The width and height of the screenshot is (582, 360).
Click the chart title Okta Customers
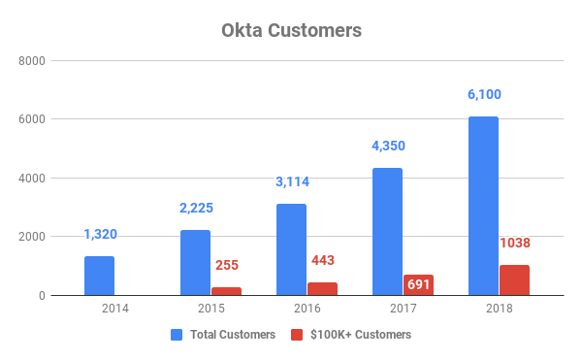(x=290, y=30)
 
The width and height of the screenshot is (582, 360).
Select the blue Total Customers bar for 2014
(x=99, y=276)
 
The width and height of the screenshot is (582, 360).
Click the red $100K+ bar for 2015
(x=226, y=291)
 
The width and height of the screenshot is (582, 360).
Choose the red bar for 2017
(x=418, y=284)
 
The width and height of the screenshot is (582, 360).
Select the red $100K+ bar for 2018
(x=514, y=279)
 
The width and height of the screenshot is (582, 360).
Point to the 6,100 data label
(x=483, y=95)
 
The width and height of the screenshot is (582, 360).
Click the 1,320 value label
(x=99, y=235)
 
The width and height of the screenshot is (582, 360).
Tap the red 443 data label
(x=322, y=260)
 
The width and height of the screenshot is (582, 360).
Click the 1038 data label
(x=515, y=243)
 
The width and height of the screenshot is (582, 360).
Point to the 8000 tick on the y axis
(x=34, y=61)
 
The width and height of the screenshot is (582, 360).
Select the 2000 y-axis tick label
(x=34, y=237)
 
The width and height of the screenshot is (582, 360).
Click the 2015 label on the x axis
(x=210, y=309)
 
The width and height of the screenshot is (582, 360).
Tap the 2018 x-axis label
(x=499, y=309)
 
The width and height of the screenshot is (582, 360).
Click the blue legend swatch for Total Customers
(x=177, y=335)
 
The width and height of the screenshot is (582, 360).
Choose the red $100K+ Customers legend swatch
(x=297, y=335)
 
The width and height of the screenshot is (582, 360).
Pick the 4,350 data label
(x=387, y=147)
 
